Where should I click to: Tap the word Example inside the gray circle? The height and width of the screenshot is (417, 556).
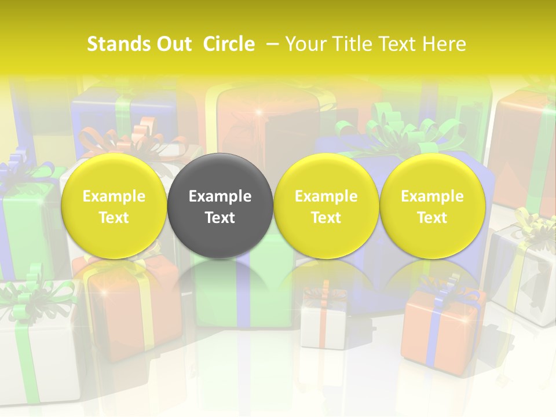[220, 196]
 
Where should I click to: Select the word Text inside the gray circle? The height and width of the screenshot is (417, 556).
[220, 218]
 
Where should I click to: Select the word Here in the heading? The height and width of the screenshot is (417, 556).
[445, 44]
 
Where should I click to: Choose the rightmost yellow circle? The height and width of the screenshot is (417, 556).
[432, 206]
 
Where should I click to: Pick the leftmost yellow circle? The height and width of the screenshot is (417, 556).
[114, 206]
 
